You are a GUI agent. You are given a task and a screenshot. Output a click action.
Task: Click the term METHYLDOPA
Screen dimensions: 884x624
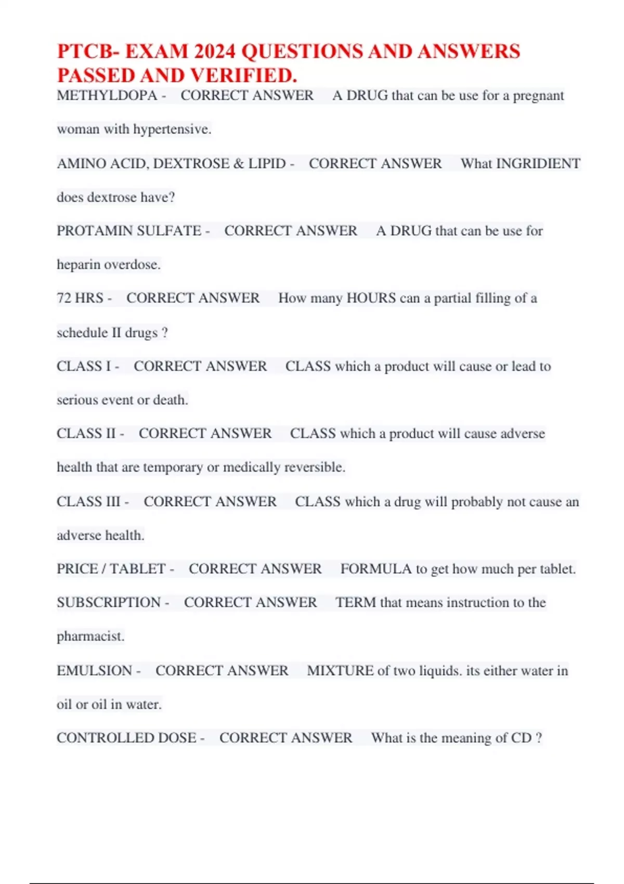107,96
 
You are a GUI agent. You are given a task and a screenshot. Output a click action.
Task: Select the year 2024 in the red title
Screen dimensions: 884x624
215,51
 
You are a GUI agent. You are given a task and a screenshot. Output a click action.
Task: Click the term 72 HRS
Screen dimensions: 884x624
80,298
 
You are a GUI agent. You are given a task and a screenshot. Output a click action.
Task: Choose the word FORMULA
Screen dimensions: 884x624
375,569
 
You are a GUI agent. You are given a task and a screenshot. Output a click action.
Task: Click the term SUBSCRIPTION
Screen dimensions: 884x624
108,603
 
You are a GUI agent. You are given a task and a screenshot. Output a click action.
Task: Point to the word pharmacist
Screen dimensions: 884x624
90,636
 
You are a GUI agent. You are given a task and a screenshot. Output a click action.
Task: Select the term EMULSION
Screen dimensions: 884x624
94,671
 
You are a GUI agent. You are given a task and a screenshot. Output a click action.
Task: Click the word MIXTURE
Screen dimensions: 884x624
340,671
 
